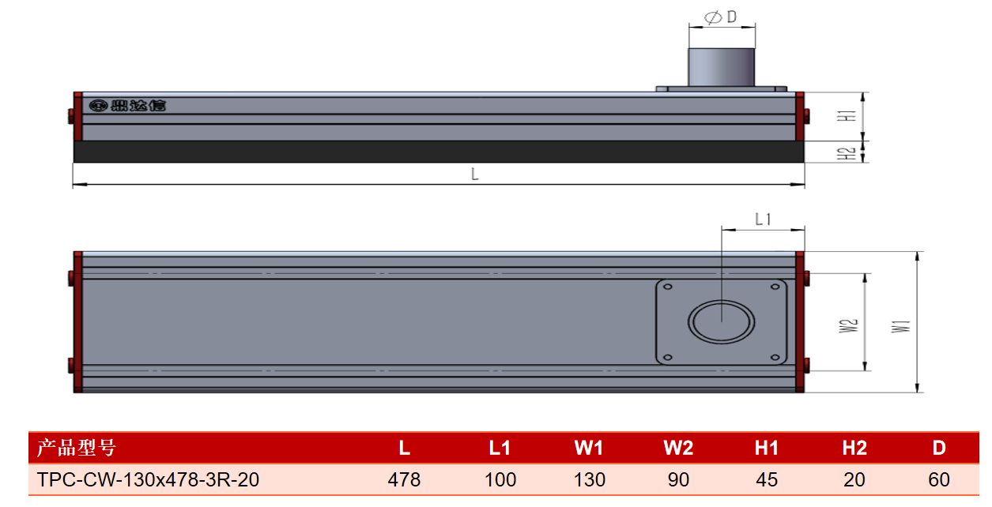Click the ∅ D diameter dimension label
(x=721, y=17)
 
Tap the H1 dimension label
(x=846, y=116)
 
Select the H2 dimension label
(x=846, y=153)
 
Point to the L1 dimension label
(x=763, y=219)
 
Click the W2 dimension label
(x=848, y=325)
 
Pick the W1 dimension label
(x=901, y=326)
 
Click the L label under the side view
(x=475, y=174)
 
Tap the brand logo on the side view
(x=127, y=106)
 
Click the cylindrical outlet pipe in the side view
(x=721, y=67)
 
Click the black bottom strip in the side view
(x=439, y=152)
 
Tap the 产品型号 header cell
(x=76, y=448)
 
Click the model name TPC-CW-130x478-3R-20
(x=148, y=479)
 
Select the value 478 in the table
(x=404, y=479)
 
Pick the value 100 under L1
(x=500, y=479)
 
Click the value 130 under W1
(x=589, y=479)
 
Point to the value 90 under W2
(x=678, y=479)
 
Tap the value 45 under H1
(x=767, y=479)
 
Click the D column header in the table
(x=939, y=448)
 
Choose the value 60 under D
(x=939, y=479)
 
